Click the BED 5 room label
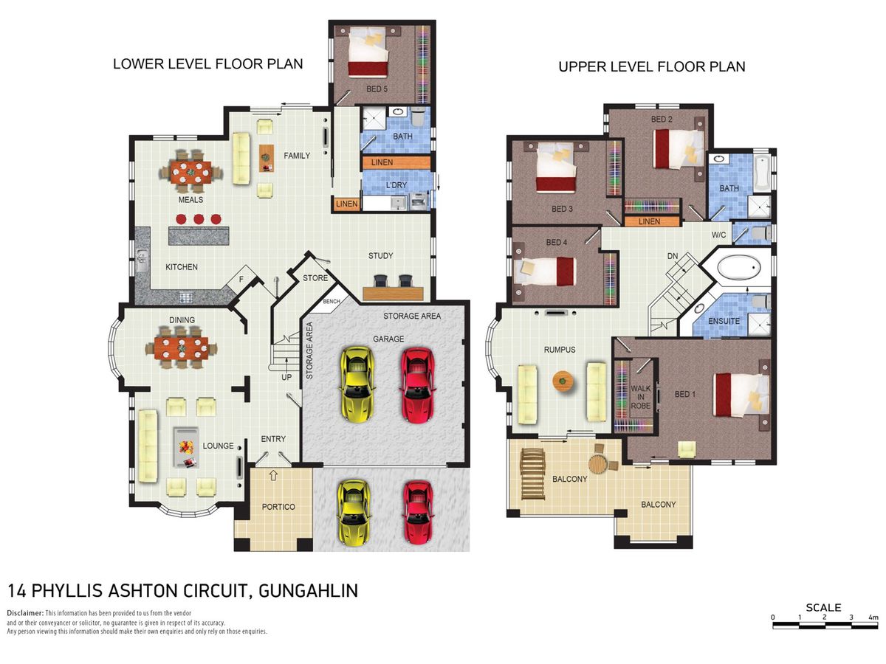coord(377,89)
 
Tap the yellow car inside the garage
coord(357,384)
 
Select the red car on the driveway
coord(418,513)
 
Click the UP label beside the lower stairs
coord(286,377)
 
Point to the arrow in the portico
coord(273,475)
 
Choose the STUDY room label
coord(380,255)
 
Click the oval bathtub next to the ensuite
coord(738,268)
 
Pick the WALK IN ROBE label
coord(641,397)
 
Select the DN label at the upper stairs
coord(673,257)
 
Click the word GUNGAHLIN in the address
coord(309,591)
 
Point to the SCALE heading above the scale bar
coord(823,607)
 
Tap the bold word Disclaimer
coord(25,613)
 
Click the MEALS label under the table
coord(190,199)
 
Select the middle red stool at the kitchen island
coord(198,219)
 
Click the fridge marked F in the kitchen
coord(241,279)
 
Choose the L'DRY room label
coord(396,185)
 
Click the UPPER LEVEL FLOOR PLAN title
coord(651,67)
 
